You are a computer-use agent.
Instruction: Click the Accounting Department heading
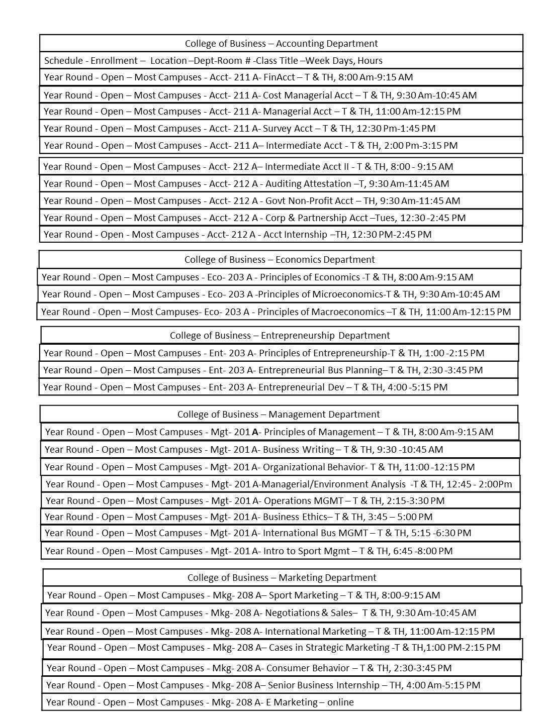[x=281, y=44]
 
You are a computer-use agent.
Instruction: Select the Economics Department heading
[x=280, y=260]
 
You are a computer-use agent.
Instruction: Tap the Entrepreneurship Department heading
[x=280, y=336]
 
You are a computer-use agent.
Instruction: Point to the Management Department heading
[x=279, y=415]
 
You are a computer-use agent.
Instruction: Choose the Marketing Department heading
[x=282, y=578]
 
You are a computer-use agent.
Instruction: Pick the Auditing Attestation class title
[x=308, y=184]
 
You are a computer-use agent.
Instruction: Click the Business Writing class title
[x=299, y=450]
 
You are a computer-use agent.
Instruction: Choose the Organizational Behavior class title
[x=314, y=467]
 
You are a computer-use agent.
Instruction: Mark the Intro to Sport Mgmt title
[x=306, y=551]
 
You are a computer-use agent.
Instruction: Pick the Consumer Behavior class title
[x=308, y=668]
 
